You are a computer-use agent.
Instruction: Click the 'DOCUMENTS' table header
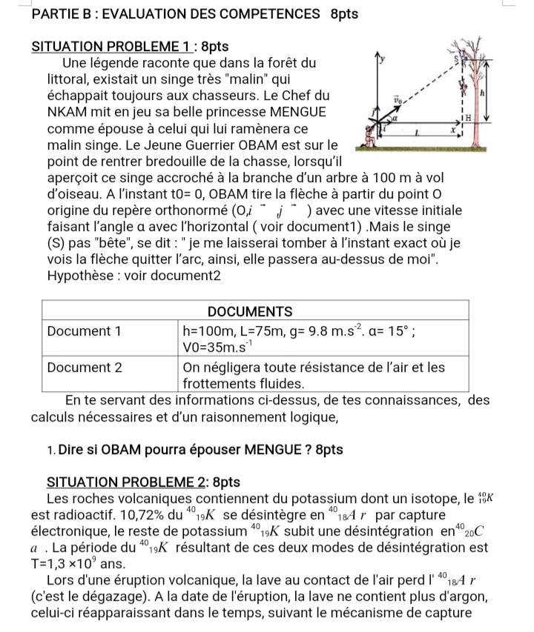pyautogui.click(x=258, y=310)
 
